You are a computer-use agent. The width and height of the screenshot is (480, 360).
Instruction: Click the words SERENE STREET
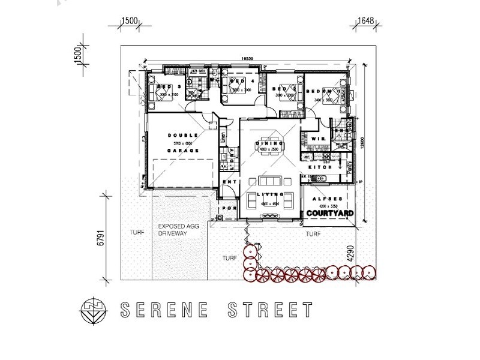tap(217, 310)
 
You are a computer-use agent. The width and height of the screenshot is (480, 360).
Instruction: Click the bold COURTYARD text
tap(329, 213)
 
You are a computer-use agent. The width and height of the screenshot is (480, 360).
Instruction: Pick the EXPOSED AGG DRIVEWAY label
tap(178, 230)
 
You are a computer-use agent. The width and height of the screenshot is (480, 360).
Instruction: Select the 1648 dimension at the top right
tap(365, 20)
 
